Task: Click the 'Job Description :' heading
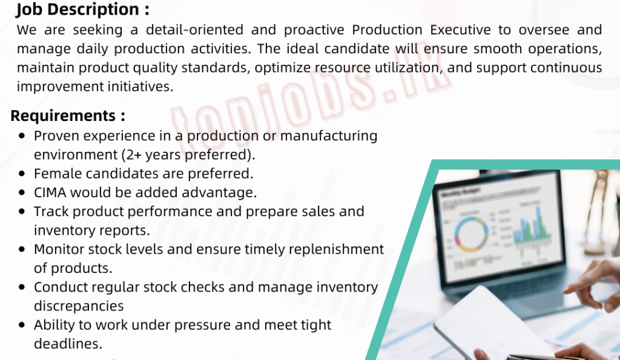click(82, 10)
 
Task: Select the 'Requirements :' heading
click(68, 116)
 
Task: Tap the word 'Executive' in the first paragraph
click(460, 30)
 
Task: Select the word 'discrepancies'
click(79, 306)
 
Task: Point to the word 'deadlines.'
click(68, 344)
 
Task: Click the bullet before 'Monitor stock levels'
click(22, 249)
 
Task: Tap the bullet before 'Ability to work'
click(22, 325)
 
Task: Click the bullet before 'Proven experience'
click(22, 136)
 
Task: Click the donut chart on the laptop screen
click(471, 235)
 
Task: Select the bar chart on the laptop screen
click(532, 225)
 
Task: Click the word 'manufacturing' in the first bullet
click(329, 136)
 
